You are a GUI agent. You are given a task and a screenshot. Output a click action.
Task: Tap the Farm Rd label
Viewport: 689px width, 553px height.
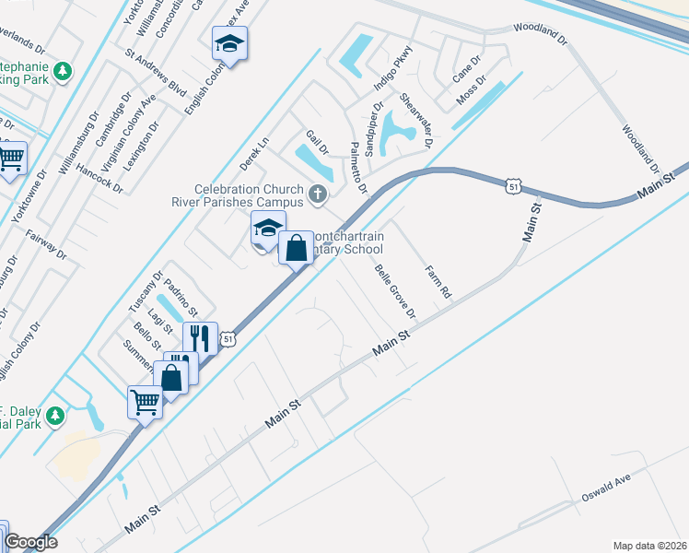point(438,282)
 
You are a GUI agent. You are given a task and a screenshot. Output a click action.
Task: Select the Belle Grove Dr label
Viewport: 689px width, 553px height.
point(395,291)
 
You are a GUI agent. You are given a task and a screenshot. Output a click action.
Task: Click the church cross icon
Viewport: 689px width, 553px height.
point(318,194)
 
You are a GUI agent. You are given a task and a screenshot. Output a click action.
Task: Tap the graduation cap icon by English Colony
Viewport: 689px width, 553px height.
point(229,42)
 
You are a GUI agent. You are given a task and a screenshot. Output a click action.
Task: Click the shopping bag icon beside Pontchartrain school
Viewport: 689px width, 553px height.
point(296,247)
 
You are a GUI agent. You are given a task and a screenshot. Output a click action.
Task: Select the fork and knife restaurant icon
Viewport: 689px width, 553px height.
point(200,337)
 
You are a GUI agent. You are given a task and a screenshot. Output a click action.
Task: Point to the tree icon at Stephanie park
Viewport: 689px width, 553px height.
point(62,70)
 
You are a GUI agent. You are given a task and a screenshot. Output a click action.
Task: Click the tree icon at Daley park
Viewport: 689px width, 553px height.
point(54,416)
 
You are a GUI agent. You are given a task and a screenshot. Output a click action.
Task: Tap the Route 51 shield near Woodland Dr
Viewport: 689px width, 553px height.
point(513,187)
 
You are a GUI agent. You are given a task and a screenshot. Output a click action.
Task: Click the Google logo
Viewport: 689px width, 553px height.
point(30,542)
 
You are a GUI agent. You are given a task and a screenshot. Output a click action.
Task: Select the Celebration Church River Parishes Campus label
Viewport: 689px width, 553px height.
point(238,194)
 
